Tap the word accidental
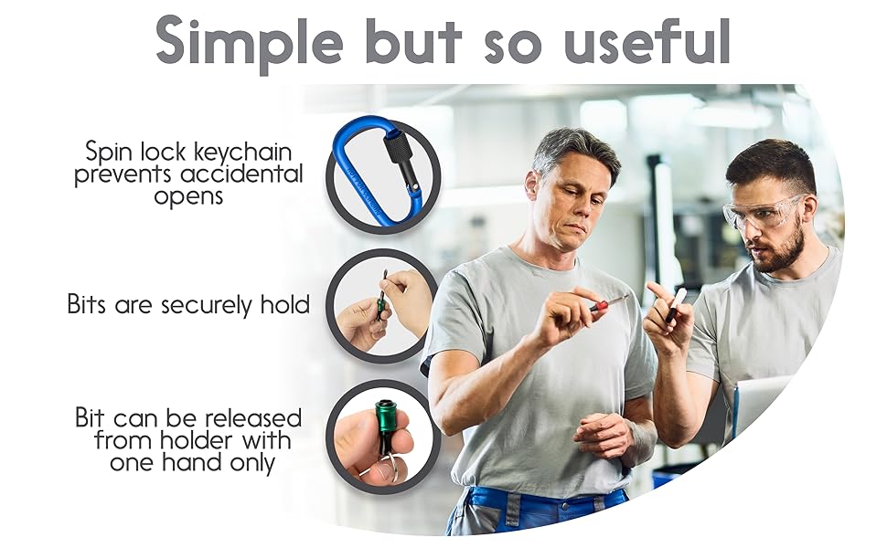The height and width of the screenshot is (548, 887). pos(243,174)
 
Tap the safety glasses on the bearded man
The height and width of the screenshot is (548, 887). pos(764,212)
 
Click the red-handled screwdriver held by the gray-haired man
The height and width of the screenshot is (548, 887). pos(605,303)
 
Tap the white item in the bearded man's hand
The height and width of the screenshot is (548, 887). pos(679,303)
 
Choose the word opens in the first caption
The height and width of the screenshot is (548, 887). pos(189,195)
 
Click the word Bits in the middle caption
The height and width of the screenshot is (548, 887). pos(88,304)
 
